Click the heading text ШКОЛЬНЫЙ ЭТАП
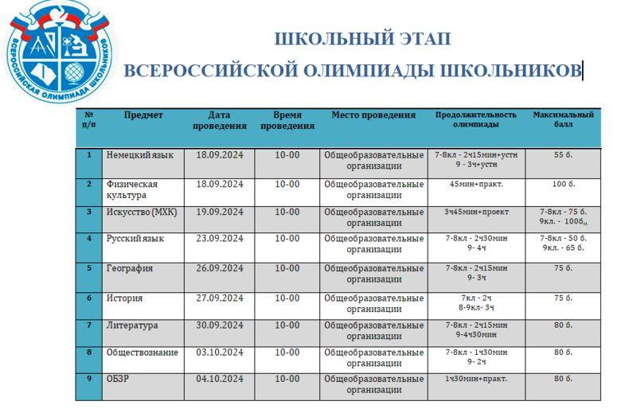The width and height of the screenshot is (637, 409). (x=362, y=38)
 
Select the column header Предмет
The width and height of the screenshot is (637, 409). (x=144, y=115)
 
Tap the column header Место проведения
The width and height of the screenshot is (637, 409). (x=373, y=115)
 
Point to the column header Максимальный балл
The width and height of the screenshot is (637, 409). (x=563, y=119)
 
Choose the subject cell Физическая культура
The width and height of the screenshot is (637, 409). (x=131, y=189)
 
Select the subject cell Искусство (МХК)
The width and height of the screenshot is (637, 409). (x=143, y=212)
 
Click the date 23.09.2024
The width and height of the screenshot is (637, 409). (x=220, y=238)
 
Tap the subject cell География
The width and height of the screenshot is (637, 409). (x=130, y=269)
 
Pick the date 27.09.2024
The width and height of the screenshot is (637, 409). (x=220, y=298)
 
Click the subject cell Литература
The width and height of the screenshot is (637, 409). (x=132, y=325)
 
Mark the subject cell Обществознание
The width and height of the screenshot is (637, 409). (x=142, y=353)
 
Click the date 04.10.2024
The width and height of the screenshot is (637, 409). (x=220, y=379)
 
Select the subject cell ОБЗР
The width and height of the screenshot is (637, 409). (x=118, y=379)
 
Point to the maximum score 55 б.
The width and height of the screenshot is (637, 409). (x=563, y=155)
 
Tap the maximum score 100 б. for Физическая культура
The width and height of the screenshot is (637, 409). (x=563, y=185)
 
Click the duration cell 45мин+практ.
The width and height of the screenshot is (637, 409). (x=475, y=185)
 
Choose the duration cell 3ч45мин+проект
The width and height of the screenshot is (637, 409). (x=475, y=212)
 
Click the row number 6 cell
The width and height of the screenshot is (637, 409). (x=89, y=298)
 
